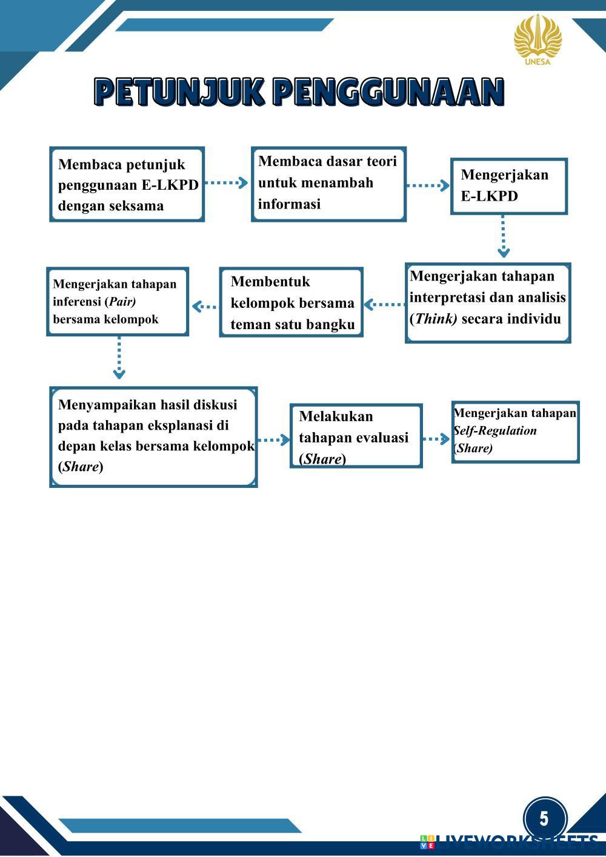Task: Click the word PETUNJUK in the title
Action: click(179, 93)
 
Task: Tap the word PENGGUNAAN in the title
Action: click(388, 93)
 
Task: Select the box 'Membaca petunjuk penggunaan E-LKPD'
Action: click(127, 184)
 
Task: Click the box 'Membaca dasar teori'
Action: click(328, 184)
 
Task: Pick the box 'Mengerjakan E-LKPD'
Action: click(509, 186)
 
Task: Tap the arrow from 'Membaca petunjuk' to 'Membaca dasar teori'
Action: click(227, 182)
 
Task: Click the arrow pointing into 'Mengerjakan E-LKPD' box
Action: click(428, 185)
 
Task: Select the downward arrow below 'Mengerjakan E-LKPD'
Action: click(503, 236)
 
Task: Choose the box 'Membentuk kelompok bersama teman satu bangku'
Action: click(291, 302)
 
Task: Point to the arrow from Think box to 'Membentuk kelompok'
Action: click(384, 304)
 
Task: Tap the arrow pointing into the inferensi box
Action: click(204, 306)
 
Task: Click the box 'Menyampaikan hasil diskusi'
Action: click(153, 436)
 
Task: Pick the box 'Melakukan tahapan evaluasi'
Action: click(356, 436)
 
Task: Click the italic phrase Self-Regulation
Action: click(495, 431)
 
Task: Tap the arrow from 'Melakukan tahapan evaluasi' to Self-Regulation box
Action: click(436, 439)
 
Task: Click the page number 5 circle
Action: click(544, 819)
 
